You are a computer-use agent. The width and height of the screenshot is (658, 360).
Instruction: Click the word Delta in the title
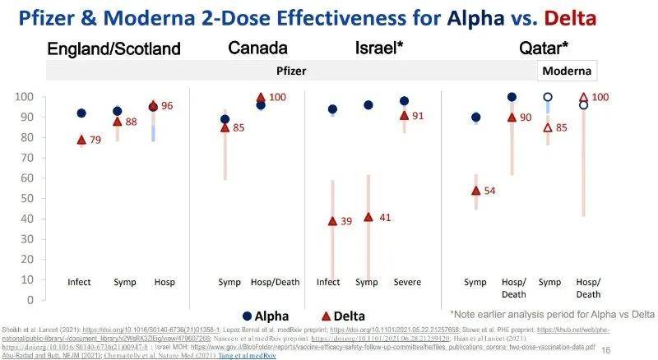(x=609, y=19)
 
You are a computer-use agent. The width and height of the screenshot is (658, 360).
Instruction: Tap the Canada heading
(x=257, y=48)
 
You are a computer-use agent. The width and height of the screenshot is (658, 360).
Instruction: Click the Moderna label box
(x=567, y=71)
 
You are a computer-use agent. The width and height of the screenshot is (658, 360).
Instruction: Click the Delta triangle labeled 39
(x=333, y=220)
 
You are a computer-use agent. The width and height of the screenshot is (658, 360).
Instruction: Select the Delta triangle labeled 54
(x=476, y=190)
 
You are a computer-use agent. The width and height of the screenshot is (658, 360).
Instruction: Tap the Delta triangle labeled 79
(x=81, y=139)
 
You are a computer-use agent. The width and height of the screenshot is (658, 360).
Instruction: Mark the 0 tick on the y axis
(x=34, y=299)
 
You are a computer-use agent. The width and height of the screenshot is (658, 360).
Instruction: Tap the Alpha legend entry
(x=264, y=316)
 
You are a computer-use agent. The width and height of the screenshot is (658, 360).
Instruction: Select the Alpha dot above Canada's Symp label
(x=225, y=120)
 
